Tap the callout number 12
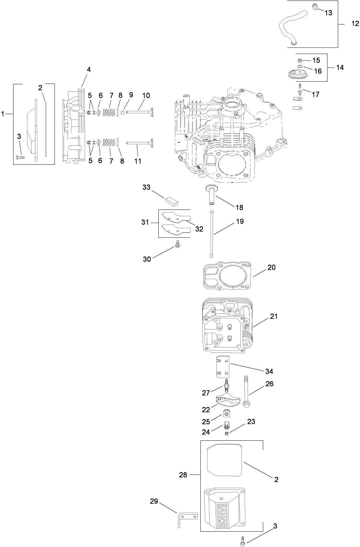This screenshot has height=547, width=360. (x=355, y=23)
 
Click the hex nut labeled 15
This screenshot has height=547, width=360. (x=300, y=61)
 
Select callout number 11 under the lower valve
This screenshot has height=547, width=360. (x=137, y=161)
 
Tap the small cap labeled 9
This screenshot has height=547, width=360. (x=122, y=113)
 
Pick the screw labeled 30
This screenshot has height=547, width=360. (x=178, y=246)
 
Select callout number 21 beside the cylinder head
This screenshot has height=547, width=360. (x=274, y=316)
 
